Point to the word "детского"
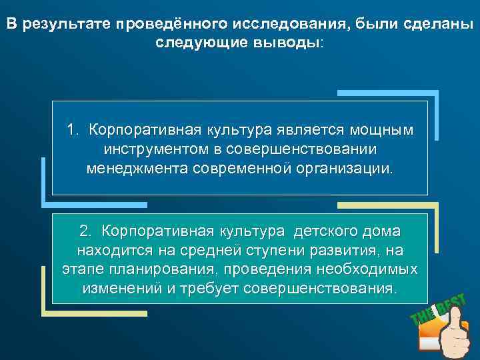[326, 231]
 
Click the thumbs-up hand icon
[453, 337]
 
